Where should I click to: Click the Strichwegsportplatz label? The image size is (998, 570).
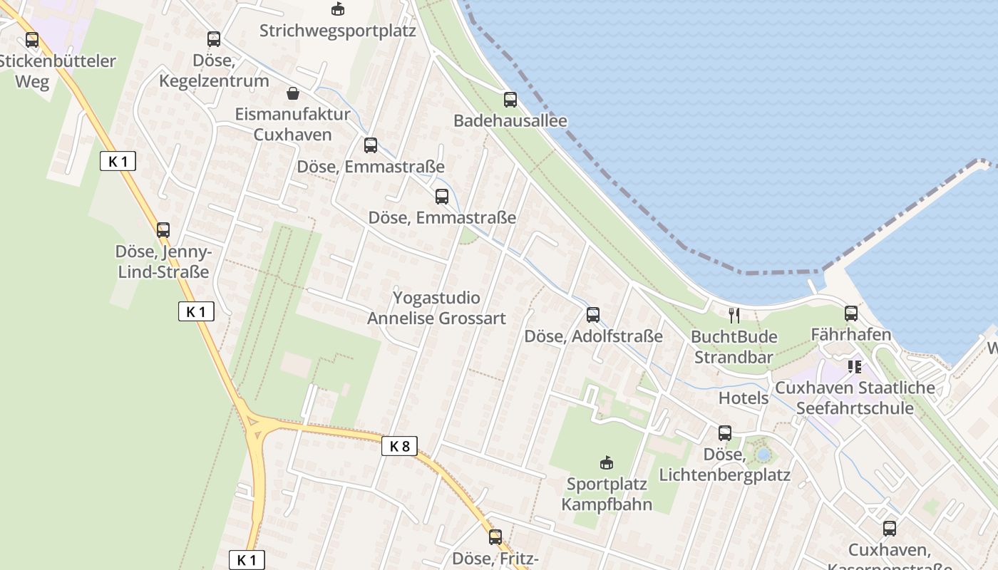pyautogui.click(x=337, y=31)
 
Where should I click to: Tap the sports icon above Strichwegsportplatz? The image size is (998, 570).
pyautogui.click(x=337, y=9)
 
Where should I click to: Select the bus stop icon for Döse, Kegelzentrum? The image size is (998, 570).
pyautogui.click(x=214, y=39)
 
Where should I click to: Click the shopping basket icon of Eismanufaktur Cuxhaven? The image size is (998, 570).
pyautogui.click(x=292, y=93)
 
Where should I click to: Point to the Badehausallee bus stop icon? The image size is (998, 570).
pyautogui.click(x=510, y=100)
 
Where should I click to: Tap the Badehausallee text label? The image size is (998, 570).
pyautogui.click(x=510, y=120)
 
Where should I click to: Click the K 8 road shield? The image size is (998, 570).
pyautogui.click(x=399, y=446)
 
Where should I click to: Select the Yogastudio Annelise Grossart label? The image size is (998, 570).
pyautogui.click(x=436, y=308)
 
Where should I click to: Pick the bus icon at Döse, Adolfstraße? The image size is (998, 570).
pyautogui.click(x=593, y=314)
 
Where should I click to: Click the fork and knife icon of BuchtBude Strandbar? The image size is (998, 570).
pyautogui.click(x=734, y=315)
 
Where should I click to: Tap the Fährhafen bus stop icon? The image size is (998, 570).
pyautogui.click(x=850, y=313)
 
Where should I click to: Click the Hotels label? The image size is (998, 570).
pyautogui.click(x=744, y=398)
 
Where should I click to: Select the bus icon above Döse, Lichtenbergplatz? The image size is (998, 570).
pyautogui.click(x=725, y=432)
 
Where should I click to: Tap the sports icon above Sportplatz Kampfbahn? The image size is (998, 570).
pyautogui.click(x=607, y=463)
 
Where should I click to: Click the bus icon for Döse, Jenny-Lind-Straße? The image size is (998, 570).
pyautogui.click(x=163, y=230)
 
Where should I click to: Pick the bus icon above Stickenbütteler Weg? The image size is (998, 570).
pyautogui.click(x=32, y=40)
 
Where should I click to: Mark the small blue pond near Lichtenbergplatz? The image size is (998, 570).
pyautogui.click(x=763, y=454)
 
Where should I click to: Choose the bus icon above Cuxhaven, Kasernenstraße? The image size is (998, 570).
pyautogui.click(x=889, y=529)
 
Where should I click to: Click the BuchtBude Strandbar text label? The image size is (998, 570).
pyautogui.click(x=734, y=346)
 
